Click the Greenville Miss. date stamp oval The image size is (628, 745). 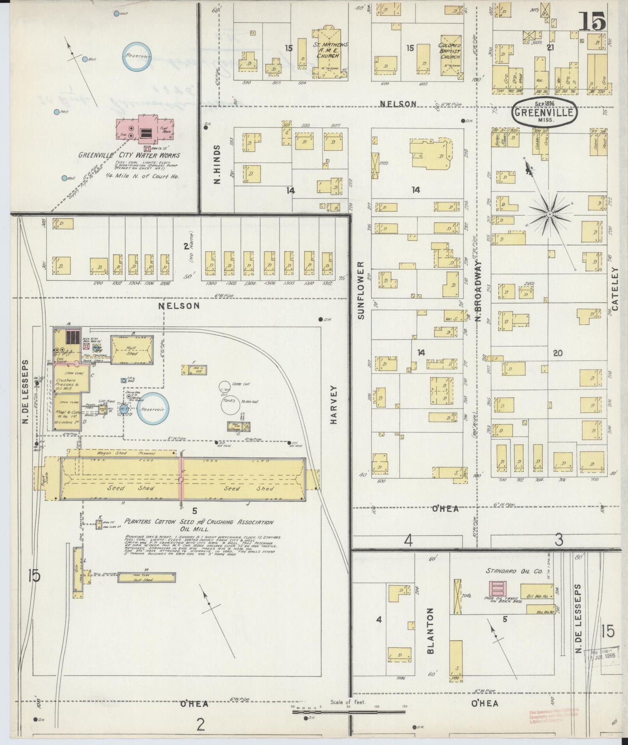pos(545,113)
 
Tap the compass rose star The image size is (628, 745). pos(549,214)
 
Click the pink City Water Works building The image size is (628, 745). pos(145,130)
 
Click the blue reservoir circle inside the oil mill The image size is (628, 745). pos(153,409)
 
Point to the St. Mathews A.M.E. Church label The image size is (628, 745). pos(326,50)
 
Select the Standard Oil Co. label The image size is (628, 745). pos(514,571)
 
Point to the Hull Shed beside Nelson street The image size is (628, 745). pos(132,349)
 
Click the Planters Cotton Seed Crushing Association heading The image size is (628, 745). pos(199,522)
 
